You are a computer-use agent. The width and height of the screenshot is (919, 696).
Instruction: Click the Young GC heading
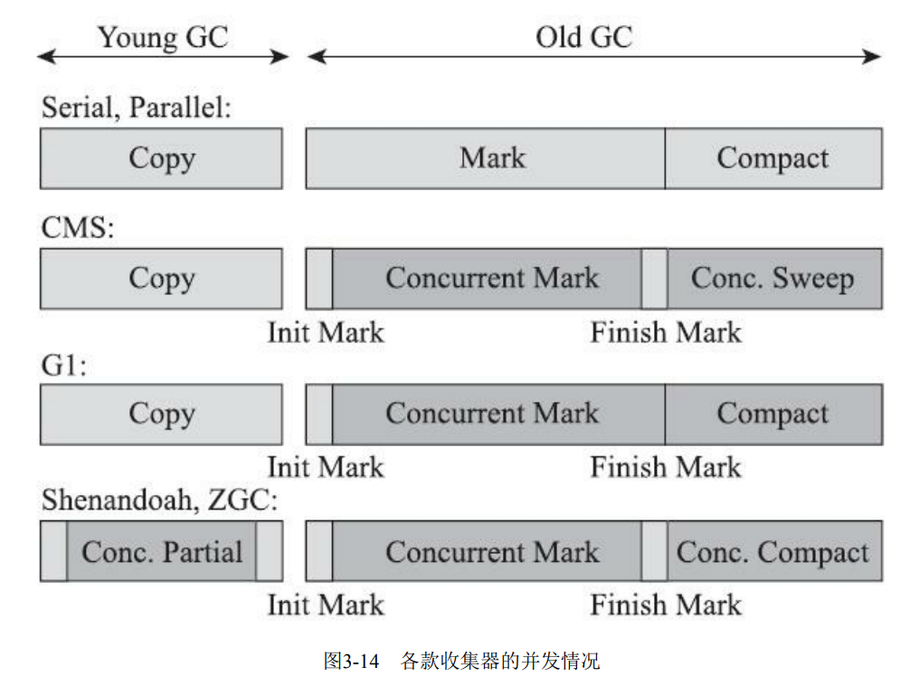(163, 38)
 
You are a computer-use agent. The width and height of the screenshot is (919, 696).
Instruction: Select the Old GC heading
(583, 38)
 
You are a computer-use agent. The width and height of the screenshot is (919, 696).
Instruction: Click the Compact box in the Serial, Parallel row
(773, 158)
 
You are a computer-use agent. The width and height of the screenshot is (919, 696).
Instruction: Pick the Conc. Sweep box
(774, 279)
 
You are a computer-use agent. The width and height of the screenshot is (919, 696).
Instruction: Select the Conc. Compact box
(774, 551)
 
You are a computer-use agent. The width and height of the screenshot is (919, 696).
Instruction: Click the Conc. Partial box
(162, 551)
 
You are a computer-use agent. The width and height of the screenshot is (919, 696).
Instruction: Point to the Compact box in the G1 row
(773, 414)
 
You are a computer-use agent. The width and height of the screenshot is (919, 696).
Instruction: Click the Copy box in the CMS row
(161, 279)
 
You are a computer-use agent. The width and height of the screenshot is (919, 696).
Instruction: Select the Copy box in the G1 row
(161, 414)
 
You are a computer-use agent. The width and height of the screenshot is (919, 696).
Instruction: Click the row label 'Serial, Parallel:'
(137, 108)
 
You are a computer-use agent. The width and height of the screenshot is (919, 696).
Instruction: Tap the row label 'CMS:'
(78, 227)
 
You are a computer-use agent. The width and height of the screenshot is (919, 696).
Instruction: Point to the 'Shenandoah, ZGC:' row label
(159, 501)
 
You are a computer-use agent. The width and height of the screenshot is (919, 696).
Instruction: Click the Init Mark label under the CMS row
(326, 332)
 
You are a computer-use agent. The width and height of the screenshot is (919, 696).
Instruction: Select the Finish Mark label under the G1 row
(666, 467)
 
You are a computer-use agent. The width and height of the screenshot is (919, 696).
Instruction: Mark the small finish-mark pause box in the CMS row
(654, 279)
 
